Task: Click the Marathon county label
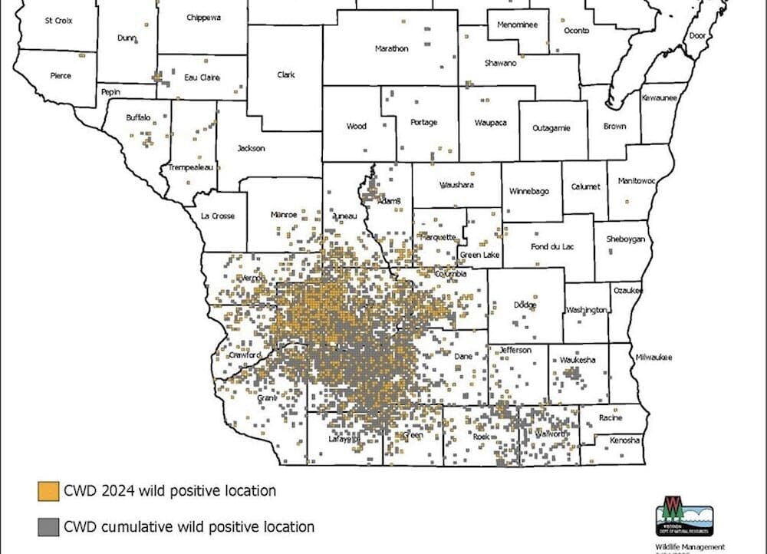[391, 48]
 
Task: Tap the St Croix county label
[59, 20]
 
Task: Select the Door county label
[697, 35]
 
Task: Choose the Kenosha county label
[626, 440]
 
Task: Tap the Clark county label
[286, 74]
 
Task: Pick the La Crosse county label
[218, 216]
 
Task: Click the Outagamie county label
[551, 128]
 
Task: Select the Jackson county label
[251, 148]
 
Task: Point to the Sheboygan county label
[627, 239]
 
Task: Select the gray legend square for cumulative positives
[49, 527]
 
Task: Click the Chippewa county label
[204, 17]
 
